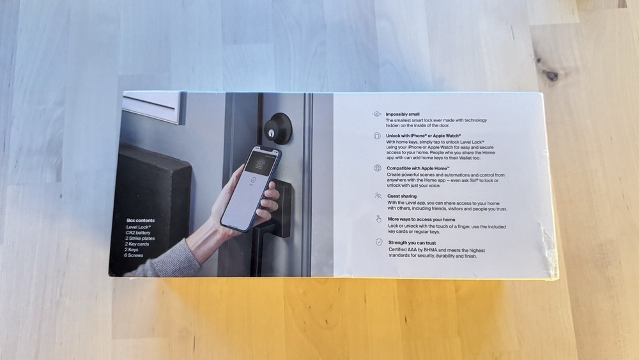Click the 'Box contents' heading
(141, 220)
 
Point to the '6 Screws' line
(135, 255)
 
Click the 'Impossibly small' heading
(403, 114)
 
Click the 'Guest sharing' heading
(401, 196)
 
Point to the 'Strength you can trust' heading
(416, 242)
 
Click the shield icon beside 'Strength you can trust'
(378, 242)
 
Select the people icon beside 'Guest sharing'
(378, 196)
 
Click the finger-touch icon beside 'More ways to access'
(378, 219)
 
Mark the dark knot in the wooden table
(551, 75)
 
